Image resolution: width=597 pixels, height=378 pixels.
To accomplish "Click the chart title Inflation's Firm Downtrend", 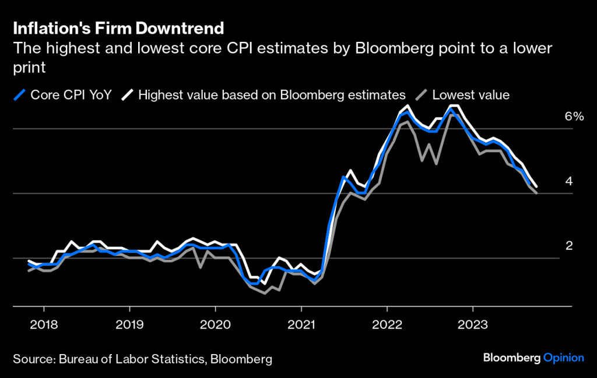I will click(x=118, y=28).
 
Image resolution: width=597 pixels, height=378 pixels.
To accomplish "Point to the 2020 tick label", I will click(x=215, y=324).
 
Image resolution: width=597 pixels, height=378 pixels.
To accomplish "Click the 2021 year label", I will click(x=301, y=324).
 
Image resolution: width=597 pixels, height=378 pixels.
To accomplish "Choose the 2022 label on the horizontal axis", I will click(x=387, y=324).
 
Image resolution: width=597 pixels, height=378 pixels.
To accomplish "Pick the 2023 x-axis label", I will click(x=473, y=324).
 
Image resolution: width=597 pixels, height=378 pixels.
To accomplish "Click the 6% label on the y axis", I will click(x=574, y=116).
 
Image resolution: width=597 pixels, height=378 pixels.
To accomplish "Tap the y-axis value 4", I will click(x=569, y=181).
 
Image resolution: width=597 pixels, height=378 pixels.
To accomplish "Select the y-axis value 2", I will click(x=569, y=246).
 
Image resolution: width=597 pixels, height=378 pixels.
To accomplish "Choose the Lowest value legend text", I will click(x=471, y=94).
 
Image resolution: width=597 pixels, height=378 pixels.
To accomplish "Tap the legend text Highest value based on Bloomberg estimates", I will click(x=272, y=94).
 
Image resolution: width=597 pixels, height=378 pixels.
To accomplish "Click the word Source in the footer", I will click(x=32, y=358).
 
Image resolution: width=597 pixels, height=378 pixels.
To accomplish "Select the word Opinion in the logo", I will click(x=564, y=358).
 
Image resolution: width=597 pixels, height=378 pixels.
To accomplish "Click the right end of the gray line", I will click(x=536, y=193).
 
